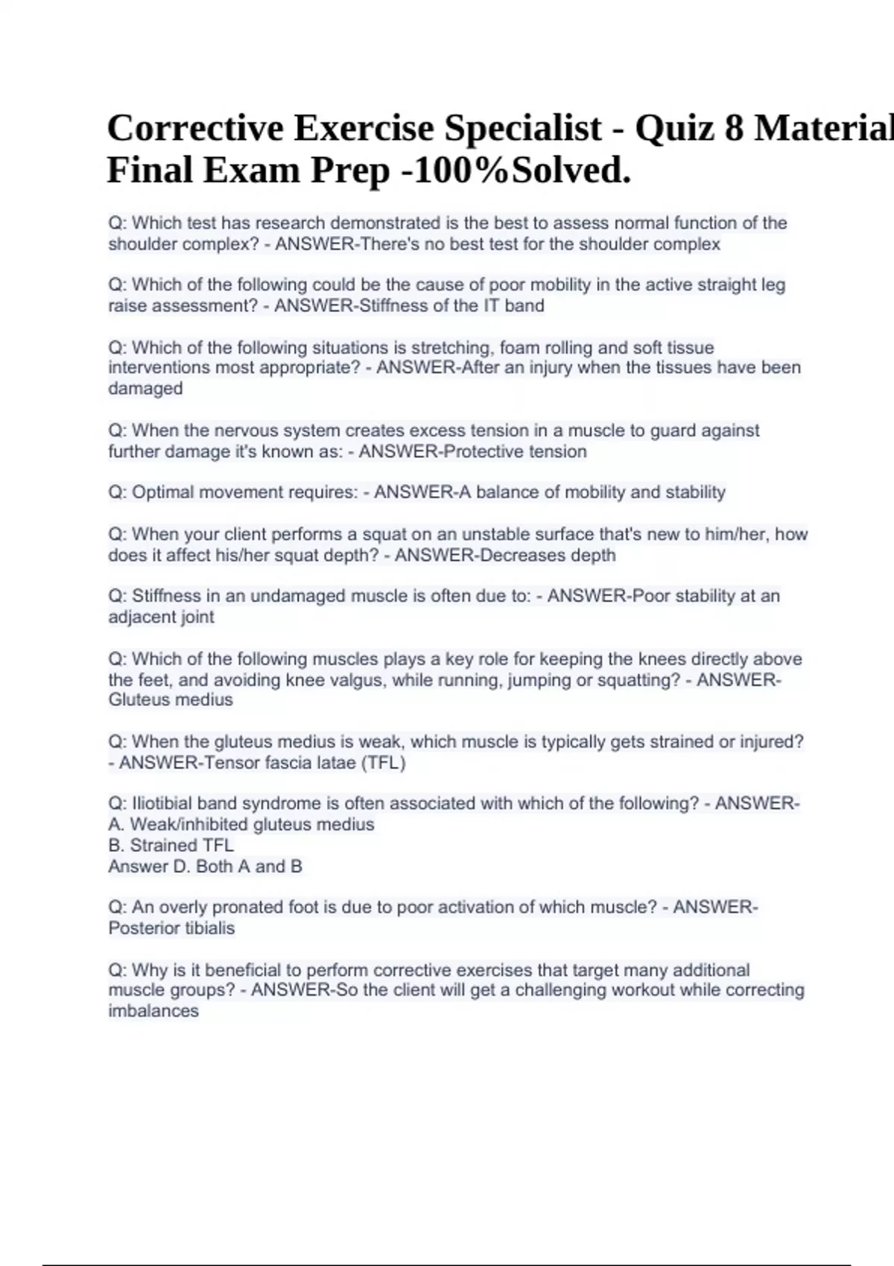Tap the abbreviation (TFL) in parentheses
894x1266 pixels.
click(383, 763)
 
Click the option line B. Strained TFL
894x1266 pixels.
click(171, 845)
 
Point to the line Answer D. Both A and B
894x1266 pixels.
click(206, 866)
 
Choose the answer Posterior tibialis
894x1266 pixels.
click(171, 928)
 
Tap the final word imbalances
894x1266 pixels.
click(153, 1011)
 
